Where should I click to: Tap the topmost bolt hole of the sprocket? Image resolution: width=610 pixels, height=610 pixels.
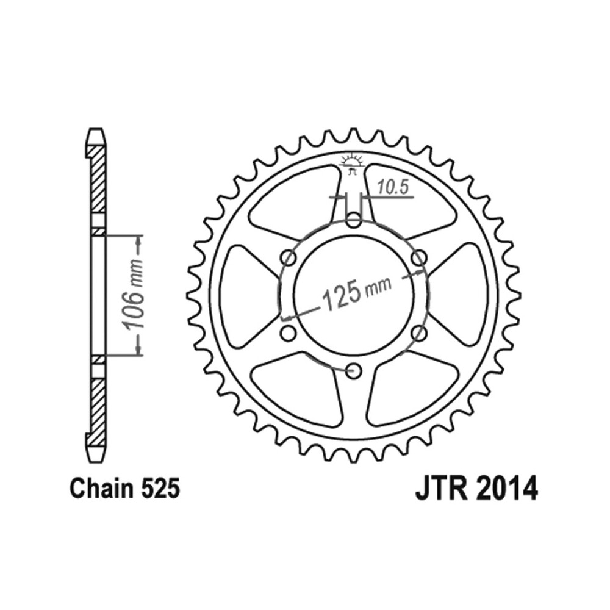(x=353, y=220)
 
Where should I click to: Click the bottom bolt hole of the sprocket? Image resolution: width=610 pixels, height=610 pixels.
(x=353, y=371)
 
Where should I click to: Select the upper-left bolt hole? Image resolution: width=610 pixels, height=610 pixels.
(x=289, y=257)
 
